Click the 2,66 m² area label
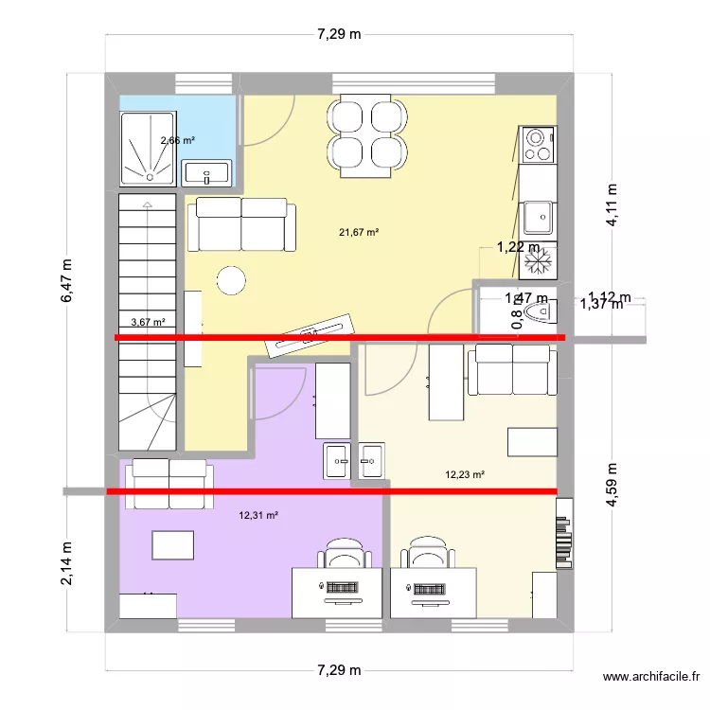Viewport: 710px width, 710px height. [x=177, y=140]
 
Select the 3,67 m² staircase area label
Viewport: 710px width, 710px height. [x=147, y=322]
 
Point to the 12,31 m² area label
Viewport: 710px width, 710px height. [x=258, y=516]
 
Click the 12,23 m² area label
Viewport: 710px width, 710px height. [x=465, y=475]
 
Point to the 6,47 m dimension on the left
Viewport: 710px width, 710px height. [x=67, y=281]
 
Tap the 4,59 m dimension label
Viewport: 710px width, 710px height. [x=612, y=485]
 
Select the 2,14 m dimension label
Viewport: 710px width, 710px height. [x=67, y=562]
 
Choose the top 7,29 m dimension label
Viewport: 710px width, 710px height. [x=338, y=34]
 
